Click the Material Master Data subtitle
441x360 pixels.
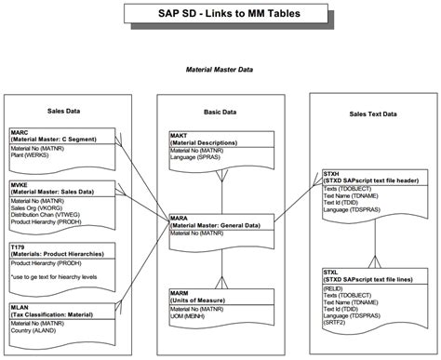(x=219, y=68)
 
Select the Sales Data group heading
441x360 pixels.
(x=63, y=111)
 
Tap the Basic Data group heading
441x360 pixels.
(x=220, y=111)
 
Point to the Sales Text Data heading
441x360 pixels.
(x=373, y=113)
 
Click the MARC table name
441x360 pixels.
(x=19, y=132)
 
